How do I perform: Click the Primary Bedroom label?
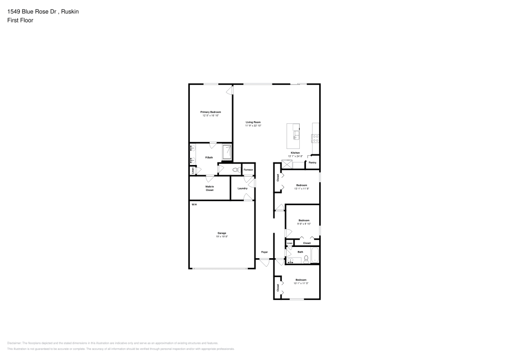[210, 112]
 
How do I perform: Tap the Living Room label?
[253, 122]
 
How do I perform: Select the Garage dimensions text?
[221, 236]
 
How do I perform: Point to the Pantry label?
[312, 162]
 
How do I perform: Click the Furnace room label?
[248, 169]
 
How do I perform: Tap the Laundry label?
[242, 188]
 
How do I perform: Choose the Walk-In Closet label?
[209, 188]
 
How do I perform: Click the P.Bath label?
[209, 157]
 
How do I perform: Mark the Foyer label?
[264, 252]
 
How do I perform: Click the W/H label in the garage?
[194, 204]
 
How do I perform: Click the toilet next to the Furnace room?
[236, 170]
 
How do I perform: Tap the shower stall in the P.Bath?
[227, 151]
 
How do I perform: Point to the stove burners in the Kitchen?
[316, 136]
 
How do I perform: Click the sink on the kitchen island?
[296, 135]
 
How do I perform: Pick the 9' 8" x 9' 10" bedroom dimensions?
[304, 223]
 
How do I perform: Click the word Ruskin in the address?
[70, 11]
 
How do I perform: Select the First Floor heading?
[20, 20]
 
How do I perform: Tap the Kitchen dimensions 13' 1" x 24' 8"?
[295, 156]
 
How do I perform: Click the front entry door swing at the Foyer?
[265, 262]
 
